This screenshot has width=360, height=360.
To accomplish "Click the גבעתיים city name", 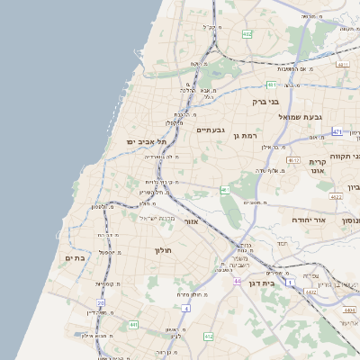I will [209, 130].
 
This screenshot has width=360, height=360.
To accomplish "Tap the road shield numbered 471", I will [337, 132].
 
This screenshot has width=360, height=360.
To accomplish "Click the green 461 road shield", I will [225, 191].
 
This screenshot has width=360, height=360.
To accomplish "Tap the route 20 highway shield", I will [101, 303].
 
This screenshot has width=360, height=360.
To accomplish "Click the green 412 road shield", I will [210, 336].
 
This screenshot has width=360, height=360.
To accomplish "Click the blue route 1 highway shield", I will [290, 283].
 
